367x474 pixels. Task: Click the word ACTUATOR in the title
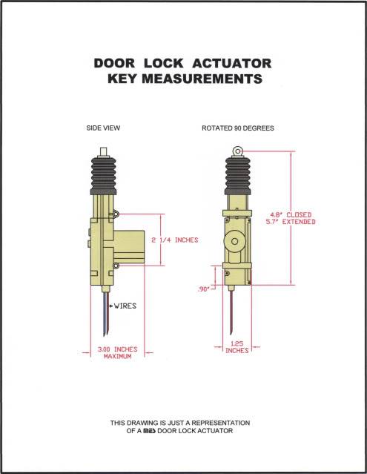[x=231, y=64]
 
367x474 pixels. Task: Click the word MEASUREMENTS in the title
[x=202, y=79]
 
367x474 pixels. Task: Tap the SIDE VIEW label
[x=103, y=128]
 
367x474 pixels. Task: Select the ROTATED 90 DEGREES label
[x=238, y=128]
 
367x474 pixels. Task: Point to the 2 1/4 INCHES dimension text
[x=175, y=240]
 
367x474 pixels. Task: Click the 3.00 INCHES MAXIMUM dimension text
[x=117, y=353]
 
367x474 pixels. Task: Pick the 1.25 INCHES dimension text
[x=237, y=347]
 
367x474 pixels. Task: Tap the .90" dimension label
[x=203, y=289]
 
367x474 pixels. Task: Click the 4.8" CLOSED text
[x=291, y=215]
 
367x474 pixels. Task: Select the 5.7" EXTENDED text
[x=291, y=222]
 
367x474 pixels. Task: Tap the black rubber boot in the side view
[x=103, y=176]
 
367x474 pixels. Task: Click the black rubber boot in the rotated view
[x=238, y=175]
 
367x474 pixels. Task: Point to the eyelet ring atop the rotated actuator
[x=237, y=151]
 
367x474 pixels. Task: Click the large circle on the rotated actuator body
[x=235, y=241]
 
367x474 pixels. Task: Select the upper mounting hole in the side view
[x=116, y=214]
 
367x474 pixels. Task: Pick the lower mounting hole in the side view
[x=116, y=266]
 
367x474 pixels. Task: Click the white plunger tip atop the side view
[x=104, y=152]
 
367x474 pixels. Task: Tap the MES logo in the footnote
[x=149, y=431]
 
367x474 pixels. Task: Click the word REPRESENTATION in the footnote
[x=220, y=423]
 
